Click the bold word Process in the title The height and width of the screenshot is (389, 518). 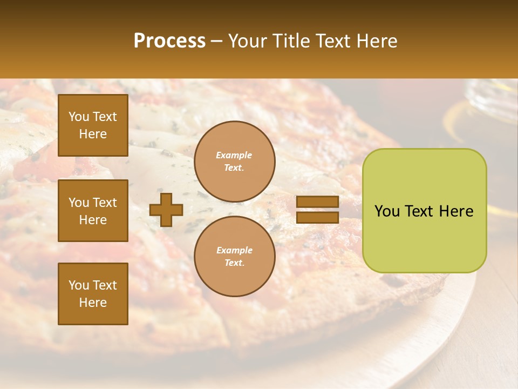click(169, 41)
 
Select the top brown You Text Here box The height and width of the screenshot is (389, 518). click(93, 125)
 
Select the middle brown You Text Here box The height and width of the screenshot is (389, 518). click(93, 211)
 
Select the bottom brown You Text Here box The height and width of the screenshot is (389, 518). click(93, 293)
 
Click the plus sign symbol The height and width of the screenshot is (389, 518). click(166, 210)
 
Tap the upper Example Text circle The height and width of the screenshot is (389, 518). click(234, 162)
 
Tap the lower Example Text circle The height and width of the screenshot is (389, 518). click(234, 256)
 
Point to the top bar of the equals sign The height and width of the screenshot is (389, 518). click(317, 202)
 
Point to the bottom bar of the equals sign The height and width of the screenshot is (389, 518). click(317, 218)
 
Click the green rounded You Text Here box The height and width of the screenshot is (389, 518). click(424, 211)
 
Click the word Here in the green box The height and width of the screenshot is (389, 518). click(456, 211)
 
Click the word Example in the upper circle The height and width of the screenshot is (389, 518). click(234, 155)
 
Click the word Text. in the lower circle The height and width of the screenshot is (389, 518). click(234, 263)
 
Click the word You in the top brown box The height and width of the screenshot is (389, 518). click(79, 117)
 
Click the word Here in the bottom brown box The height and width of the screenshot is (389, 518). click(93, 303)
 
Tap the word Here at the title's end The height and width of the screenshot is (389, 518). click(378, 41)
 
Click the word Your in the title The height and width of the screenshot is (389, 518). click(247, 41)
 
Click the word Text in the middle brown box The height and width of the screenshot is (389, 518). click(105, 203)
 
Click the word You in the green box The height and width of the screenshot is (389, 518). click(387, 211)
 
